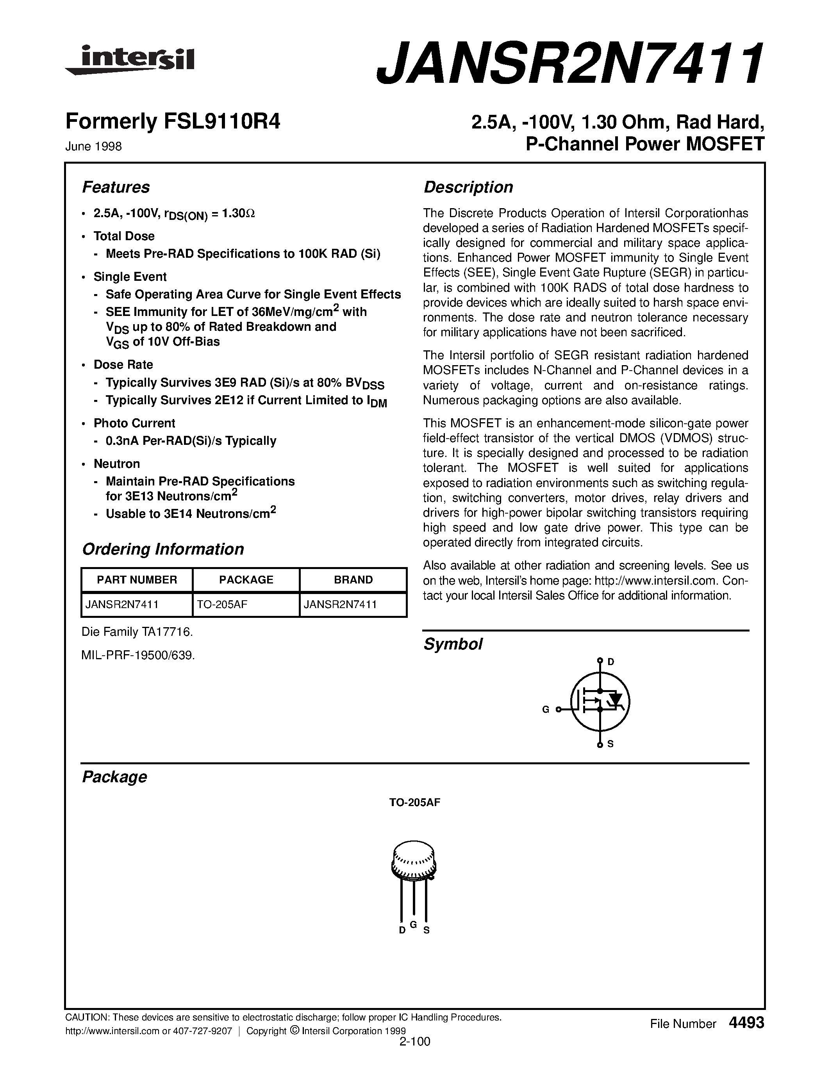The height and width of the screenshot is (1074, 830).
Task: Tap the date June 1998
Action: (93, 146)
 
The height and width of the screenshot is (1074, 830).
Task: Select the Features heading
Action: (116, 187)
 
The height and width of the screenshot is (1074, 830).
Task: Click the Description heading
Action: (468, 187)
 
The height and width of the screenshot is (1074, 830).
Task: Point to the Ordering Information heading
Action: (163, 549)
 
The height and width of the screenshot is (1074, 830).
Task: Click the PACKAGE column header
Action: (246, 580)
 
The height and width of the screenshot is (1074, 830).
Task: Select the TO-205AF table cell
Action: (222, 605)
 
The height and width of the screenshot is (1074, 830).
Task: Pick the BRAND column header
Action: (353, 580)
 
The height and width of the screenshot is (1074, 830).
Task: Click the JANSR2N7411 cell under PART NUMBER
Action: (122, 605)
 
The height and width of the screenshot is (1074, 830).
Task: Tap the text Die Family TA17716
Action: (137, 632)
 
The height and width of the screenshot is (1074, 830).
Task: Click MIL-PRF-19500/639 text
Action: (138, 655)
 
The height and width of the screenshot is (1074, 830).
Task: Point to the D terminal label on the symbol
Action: (611, 662)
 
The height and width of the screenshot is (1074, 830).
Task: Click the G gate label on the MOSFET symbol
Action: (545, 710)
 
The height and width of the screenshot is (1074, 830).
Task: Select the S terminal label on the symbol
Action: (610, 744)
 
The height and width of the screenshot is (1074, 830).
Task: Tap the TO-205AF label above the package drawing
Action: (414, 803)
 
